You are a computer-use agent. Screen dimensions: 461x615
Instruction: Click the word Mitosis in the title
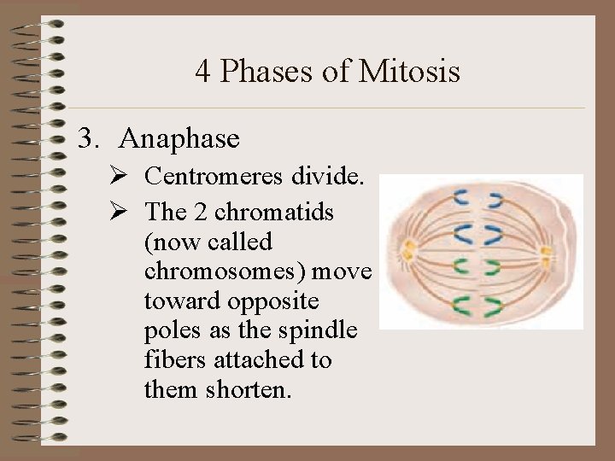(410, 71)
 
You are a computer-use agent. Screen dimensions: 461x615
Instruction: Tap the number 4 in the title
(202, 71)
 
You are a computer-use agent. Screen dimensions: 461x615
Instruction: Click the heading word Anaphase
(180, 137)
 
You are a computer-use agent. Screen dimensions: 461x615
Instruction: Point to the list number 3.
(86, 137)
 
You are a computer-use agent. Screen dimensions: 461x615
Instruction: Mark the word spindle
(325, 331)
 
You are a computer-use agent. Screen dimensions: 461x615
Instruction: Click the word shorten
(249, 390)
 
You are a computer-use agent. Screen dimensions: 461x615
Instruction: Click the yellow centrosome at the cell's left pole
(407, 249)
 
